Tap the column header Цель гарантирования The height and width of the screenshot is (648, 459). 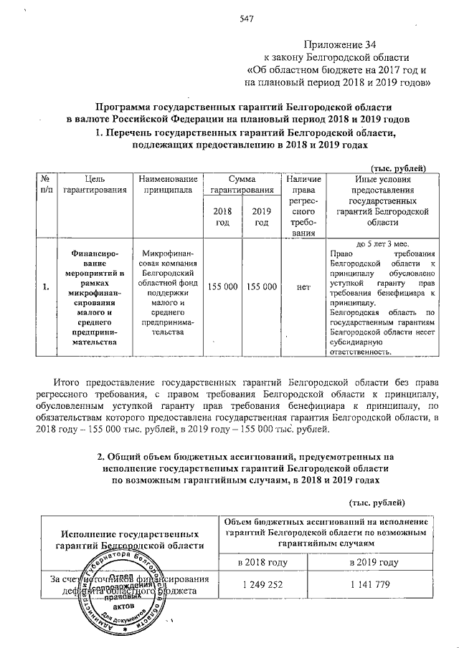pyautogui.click(x=95, y=185)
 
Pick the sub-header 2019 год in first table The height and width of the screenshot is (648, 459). pyautogui.click(x=261, y=216)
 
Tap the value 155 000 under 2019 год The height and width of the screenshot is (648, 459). pyautogui.click(x=261, y=286)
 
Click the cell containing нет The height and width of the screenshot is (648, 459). pyautogui.click(x=303, y=286)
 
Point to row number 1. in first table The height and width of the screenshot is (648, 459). pyautogui.click(x=45, y=287)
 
